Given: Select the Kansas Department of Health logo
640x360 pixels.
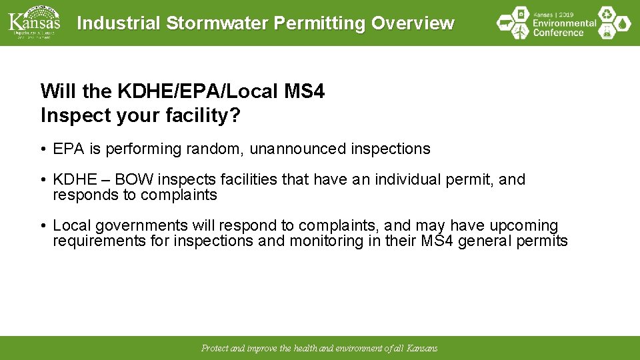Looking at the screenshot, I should click(34, 22).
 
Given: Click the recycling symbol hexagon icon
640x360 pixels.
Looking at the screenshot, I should click(607, 14).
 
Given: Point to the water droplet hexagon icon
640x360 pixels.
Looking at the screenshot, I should click(623, 23).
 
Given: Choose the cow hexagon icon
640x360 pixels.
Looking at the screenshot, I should click(505, 23).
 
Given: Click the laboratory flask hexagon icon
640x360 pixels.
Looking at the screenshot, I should click(607, 32).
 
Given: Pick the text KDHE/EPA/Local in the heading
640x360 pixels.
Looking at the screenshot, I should click(189, 91).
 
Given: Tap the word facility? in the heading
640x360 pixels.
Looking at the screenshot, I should click(201, 115).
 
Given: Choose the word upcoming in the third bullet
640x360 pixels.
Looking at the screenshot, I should click(523, 226).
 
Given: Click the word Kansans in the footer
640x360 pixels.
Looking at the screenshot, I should click(422, 349).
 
